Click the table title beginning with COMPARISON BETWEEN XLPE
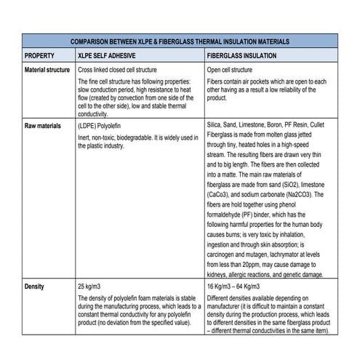(x=180, y=41)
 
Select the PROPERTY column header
(x=39, y=55)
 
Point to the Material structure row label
(x=49, y=69)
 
